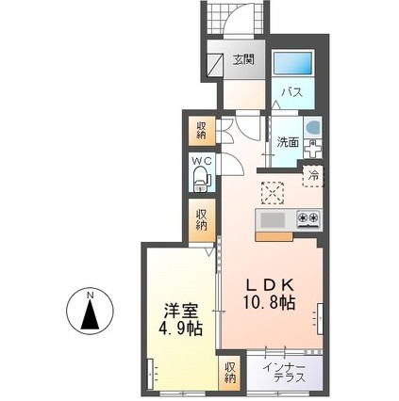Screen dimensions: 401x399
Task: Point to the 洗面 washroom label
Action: (x=287, y=142)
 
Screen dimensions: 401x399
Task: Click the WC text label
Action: (x=201, y=163)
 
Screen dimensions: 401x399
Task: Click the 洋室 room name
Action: (x=179, y=310)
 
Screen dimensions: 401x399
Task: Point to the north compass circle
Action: (x=91, y=313)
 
